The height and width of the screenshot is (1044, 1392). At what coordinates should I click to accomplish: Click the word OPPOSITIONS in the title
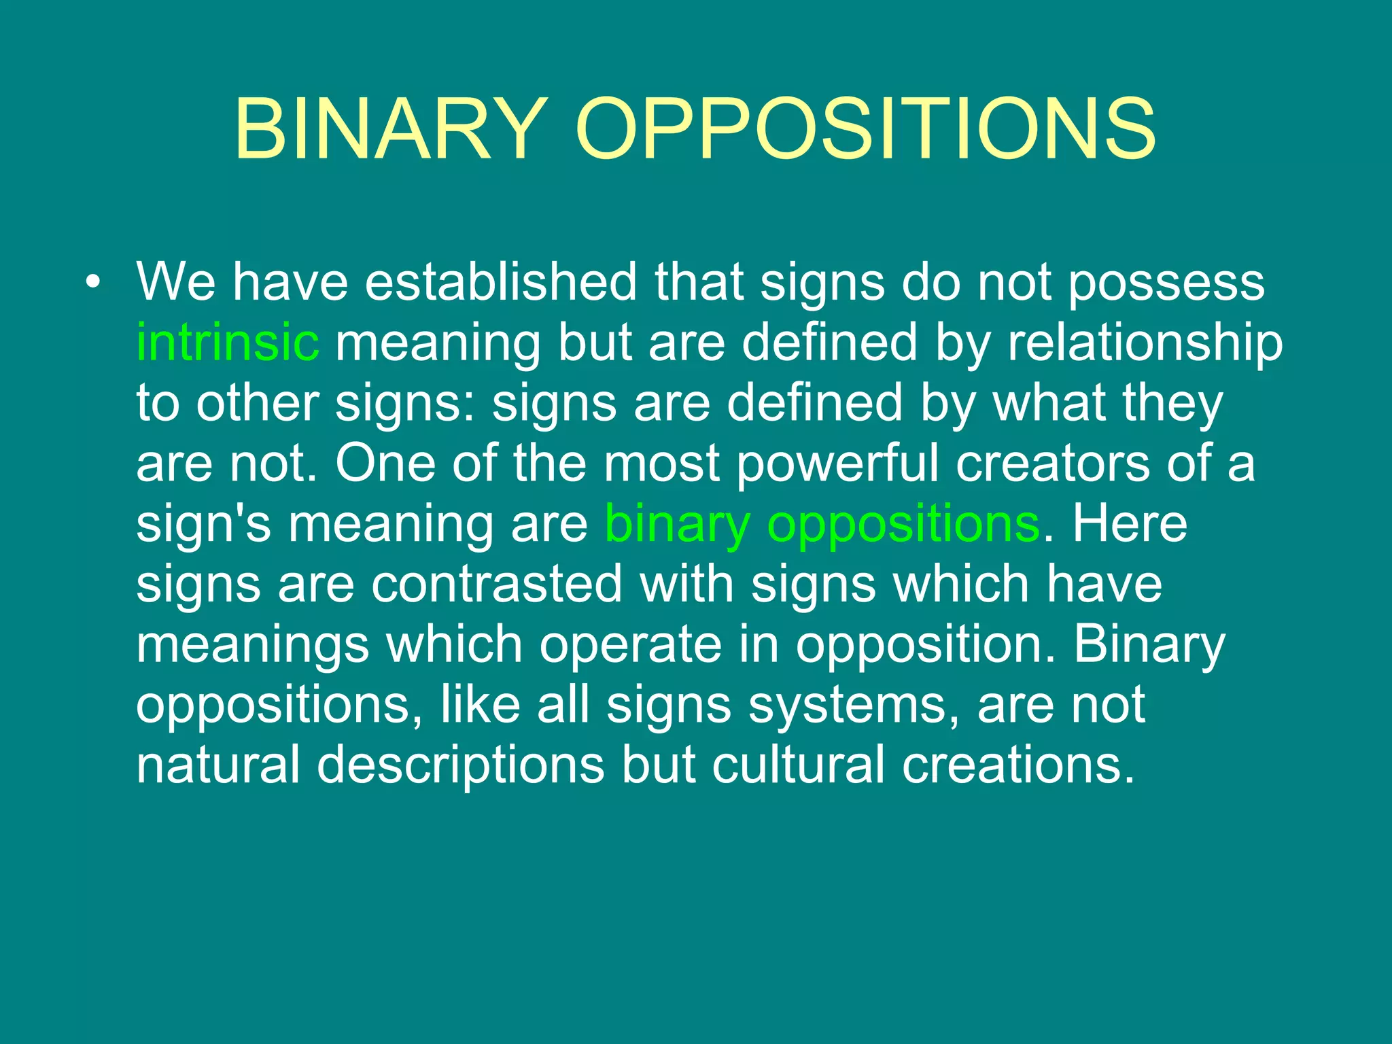click(x=865, y=129)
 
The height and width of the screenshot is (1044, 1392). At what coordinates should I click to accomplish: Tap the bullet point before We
click(x=93, y=281)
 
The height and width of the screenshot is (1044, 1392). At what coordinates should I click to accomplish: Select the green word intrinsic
click(x=227, y=342)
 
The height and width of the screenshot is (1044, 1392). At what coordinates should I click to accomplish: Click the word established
click(x=501, y=281)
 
